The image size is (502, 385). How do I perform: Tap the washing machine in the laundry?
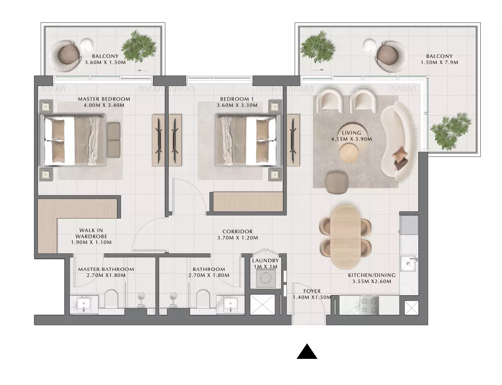[x=265, y=279]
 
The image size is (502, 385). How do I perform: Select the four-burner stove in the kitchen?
[x=369, y=305]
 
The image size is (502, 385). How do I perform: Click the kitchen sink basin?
[x=408, y=263]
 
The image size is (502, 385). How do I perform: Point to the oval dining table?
[x=345, y=237]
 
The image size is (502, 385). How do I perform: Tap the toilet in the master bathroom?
[x=111, y=299]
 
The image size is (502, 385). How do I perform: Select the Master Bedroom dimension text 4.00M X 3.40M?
[x=104, y=105]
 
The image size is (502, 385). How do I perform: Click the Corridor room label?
[x=238, y=231]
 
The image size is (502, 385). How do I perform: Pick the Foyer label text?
[x=312, y=291]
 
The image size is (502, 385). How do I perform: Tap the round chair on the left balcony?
[x=66, y=55]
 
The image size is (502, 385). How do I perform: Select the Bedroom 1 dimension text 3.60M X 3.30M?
[x=237, y=105]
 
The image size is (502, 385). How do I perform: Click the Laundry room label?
[x=265, y=260]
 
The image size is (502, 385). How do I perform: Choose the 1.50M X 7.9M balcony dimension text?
[x=440, y=62]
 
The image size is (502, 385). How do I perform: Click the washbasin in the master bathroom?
[x=84, y=304]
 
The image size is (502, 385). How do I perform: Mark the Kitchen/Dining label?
[x=372, y=275]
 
